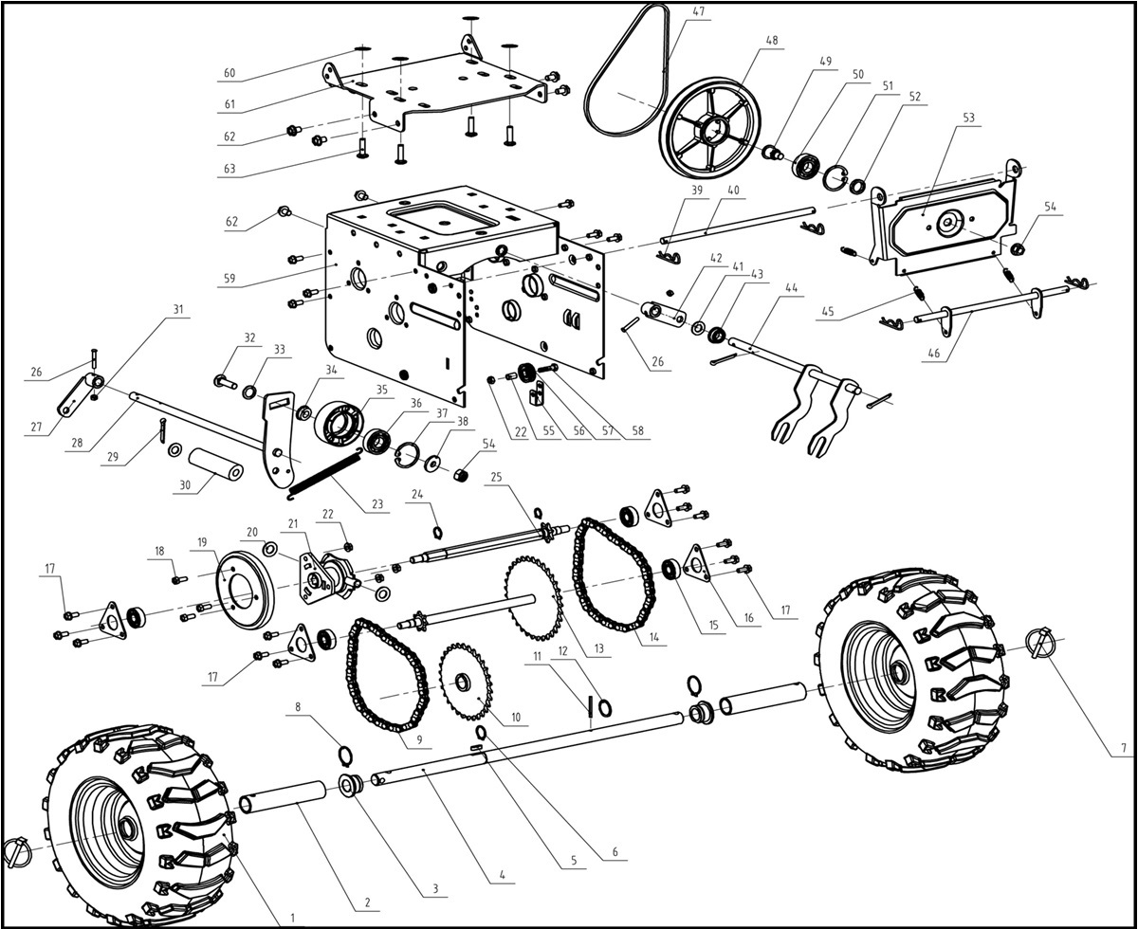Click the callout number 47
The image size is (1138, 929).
click(699, 12)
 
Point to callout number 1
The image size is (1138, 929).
click(292, 917)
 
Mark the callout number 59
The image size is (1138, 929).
click(229, 280)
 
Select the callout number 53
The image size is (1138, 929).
click(969, 118)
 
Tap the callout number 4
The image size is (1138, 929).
click(502, 875)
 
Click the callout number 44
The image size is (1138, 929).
click(791, 285)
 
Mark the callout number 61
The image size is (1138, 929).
click(229, 104)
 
